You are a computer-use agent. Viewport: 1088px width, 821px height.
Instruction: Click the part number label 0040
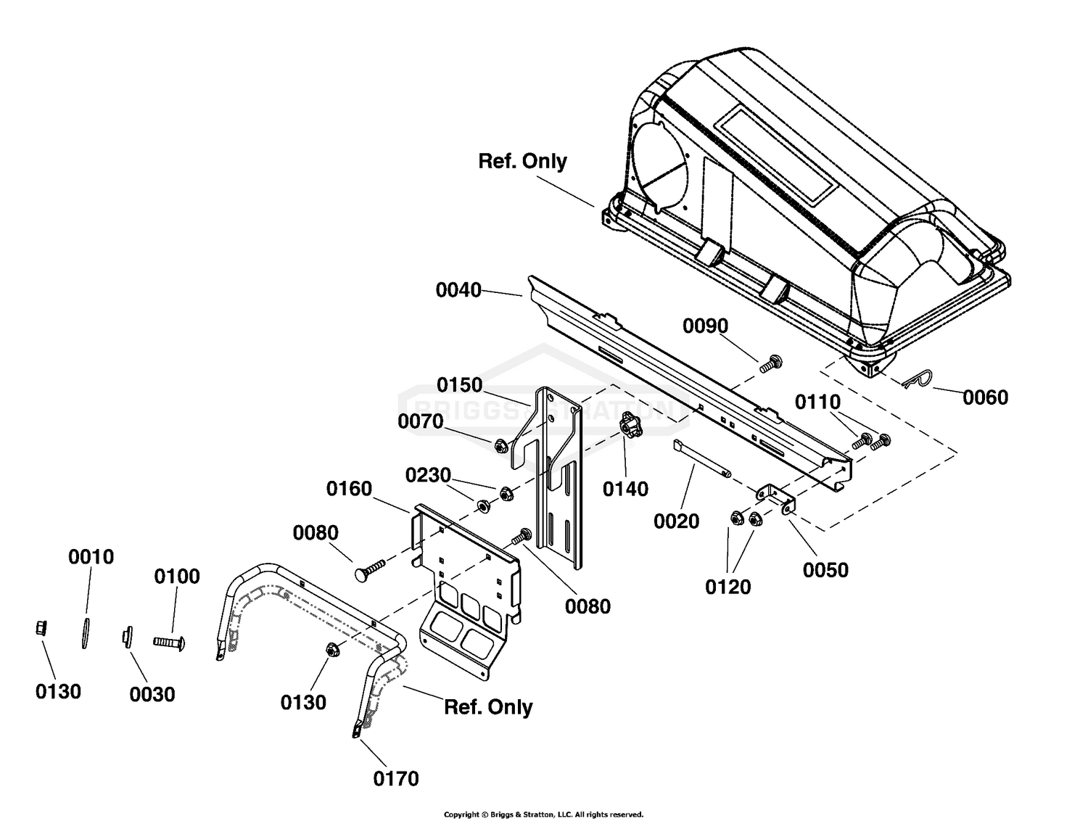click(458, 290)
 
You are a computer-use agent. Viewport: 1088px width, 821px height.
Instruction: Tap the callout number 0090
click(705, 326)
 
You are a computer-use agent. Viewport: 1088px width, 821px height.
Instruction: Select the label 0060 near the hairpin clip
click(985, 397)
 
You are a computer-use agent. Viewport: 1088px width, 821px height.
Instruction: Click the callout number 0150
click(459, 385)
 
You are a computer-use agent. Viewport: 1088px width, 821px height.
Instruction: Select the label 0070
click(420, 421)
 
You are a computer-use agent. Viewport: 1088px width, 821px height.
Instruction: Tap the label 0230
click(428, 475)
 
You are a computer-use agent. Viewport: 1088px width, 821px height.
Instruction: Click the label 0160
click(349, 489)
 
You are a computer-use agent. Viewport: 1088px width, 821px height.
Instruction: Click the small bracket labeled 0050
click(775, 500)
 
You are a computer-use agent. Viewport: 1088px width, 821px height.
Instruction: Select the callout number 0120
click(728, 587)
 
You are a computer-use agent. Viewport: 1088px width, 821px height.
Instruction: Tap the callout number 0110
click(818, 402)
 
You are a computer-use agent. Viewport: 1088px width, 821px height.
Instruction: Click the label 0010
click(91, 557)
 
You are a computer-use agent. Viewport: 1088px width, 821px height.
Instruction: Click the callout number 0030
click(152, 695)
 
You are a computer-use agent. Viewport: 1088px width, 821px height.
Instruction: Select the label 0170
click(396, 779)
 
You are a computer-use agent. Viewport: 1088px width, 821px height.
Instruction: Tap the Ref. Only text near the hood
click(522, 162)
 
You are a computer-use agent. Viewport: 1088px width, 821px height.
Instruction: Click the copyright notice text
click(544, 814)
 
